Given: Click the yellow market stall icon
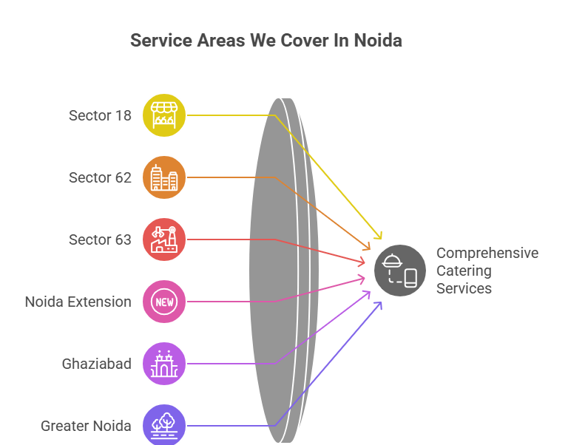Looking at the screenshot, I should pyautogui.click(x=164, y=115).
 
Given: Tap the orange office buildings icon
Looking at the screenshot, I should pyautogui.click(x=164, y=177).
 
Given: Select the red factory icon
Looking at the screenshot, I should pyautogui.click(x=164, y=240).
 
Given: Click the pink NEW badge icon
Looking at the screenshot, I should pyautogui.click(x=164, y=302).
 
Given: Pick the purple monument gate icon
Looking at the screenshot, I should pyautogui.click(x=164, y=364).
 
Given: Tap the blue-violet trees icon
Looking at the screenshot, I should pyautogui.click(x=164, y=425).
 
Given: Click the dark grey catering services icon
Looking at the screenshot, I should pyautogui.click(x=400, y=270).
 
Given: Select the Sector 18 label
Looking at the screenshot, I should pyautogui.click(x=100, y=115).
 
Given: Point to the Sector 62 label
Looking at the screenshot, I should pyautogui.click(x=100, y=177).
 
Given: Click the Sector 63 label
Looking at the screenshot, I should pyautogui.click(x=100, y=240).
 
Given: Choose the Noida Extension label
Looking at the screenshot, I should pyautogui.click(x=78, y=302).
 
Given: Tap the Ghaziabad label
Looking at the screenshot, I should pyautogui.click(x=96, y=364).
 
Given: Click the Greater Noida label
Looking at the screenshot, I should pyautogui.click(x=86, y=426).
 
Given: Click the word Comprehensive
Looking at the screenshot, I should pyautogui.click(x=487, y=253).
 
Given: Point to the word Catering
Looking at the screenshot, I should pyautogui.click(x=464, y=271).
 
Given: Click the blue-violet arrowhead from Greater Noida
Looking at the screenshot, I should pyautogui.click(x=379, y=303).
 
